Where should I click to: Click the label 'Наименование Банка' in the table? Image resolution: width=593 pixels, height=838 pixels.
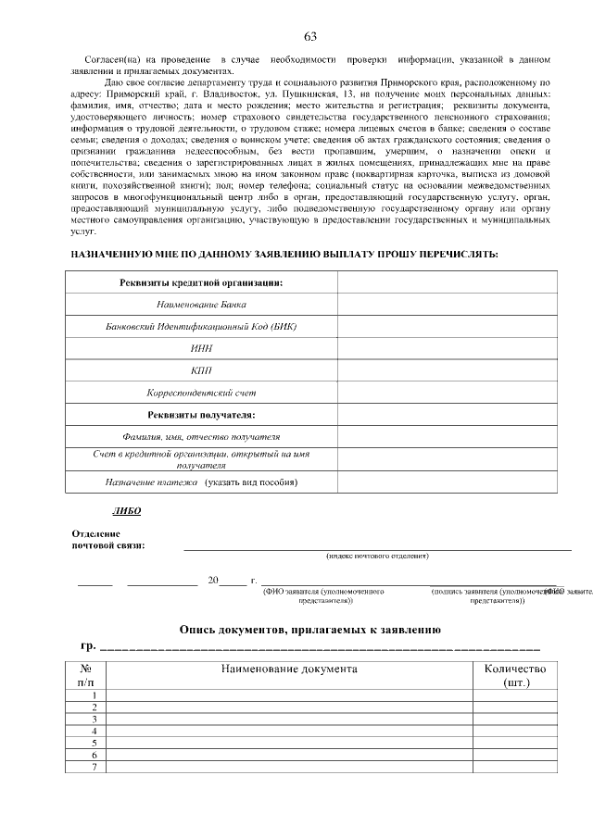pos(201,304)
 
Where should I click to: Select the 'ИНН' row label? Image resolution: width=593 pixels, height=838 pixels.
pos(201,348)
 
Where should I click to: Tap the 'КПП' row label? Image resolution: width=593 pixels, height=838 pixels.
pos(201,370)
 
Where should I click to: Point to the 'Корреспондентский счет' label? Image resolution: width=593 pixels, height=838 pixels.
pos(201,393)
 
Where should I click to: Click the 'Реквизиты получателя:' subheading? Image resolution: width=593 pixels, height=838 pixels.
pos(201,414)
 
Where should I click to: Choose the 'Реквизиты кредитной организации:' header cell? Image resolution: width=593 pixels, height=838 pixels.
pos(201,281)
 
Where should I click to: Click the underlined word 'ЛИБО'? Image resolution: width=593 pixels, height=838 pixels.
pos(126,510)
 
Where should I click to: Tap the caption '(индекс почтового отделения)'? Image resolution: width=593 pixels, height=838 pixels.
pos(377,556)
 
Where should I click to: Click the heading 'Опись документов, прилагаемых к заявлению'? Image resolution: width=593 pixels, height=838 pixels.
pos(309,630)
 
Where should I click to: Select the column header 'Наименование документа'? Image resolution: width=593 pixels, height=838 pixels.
pos(288,669)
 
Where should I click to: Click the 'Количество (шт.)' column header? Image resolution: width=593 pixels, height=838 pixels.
pos(515,675)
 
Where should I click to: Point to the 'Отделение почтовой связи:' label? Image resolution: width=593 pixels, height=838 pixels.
pos(108,539)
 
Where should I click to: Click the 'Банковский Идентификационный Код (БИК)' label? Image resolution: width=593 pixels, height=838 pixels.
pos(201,326)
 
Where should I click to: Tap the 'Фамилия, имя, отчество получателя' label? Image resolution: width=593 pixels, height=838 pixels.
pos(201,436)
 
